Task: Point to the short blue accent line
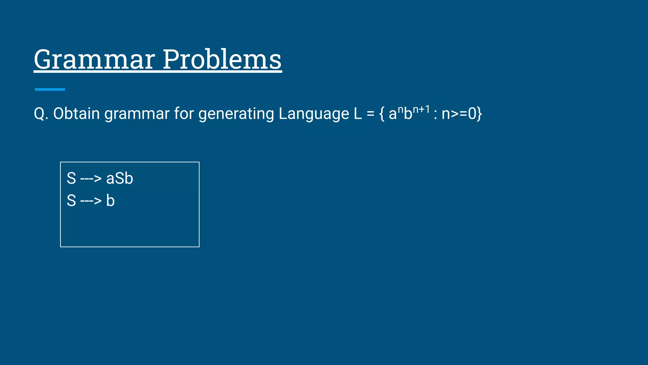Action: point(50,89)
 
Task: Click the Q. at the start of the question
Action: point(41,114)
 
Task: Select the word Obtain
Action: point(76,114)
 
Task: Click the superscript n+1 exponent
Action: point(421,110)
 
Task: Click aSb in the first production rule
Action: point(120,178)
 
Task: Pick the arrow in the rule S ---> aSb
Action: point(91,179)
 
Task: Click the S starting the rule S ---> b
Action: point(72,201)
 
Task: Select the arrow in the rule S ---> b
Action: point(91,201)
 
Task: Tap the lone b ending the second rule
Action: point(110,201)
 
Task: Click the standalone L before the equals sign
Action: point(358,114)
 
